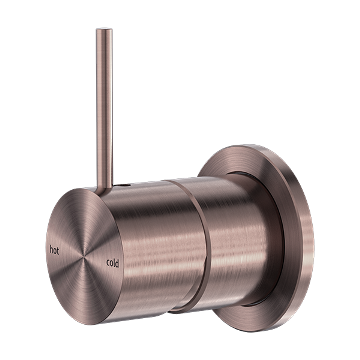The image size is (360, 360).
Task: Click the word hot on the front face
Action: [x=54, y=250]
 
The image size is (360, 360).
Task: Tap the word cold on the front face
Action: [x=112, y=263]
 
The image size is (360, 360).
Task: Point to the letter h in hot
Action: [x=51, y=250]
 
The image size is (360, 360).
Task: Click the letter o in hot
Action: [x=55, y=251]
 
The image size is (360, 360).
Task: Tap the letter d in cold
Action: [x=117, y=263]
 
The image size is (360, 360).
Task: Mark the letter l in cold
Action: [x=114, y=263]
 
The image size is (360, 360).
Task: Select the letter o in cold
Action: [x=111, y=264]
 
